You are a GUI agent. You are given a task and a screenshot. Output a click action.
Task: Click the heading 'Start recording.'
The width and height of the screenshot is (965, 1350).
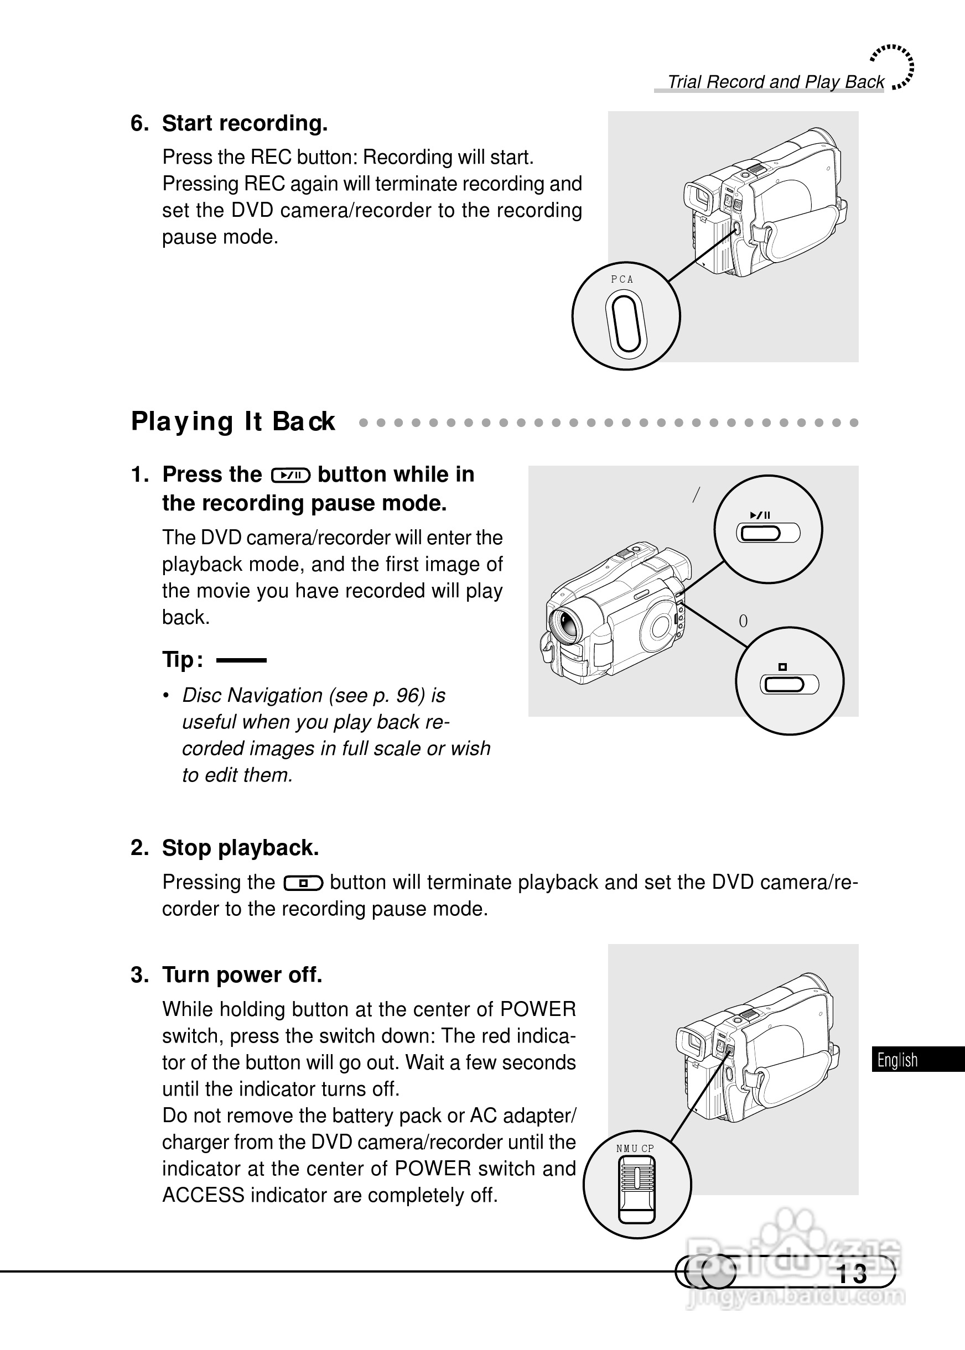pos(244,123)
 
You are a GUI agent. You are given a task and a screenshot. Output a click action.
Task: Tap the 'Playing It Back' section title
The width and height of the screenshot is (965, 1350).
pos(233,421)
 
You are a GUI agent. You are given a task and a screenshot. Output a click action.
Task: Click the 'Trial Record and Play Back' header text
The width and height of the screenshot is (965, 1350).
pos(775,82)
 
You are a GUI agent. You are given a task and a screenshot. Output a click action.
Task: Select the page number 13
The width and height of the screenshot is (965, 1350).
pos(852,1274)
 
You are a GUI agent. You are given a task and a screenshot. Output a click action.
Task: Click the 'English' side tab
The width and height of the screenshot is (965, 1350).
pos(897,1060)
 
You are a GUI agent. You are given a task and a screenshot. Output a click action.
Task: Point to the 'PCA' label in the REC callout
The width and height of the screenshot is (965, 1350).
pos(622,280)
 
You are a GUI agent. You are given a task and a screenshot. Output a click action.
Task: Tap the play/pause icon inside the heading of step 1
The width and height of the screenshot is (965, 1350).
pos(290,475)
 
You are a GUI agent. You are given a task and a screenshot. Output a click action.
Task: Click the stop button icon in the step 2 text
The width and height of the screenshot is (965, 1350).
pos(303,884)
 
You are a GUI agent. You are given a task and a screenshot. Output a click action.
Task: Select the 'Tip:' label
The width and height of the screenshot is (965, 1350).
pos(183,660)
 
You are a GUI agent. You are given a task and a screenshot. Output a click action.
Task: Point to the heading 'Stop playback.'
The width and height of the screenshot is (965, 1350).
pos(240,847)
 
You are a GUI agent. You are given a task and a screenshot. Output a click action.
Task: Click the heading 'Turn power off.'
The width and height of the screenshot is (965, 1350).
pos(242,974)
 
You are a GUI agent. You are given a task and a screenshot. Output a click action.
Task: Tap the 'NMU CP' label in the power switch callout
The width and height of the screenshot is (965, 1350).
pos(635,1149)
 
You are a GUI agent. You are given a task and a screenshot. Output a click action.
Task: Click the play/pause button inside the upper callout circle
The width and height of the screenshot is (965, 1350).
pos(767,533)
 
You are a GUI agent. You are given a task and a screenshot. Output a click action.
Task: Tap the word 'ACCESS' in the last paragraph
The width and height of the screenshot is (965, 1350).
pos(203,1195)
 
